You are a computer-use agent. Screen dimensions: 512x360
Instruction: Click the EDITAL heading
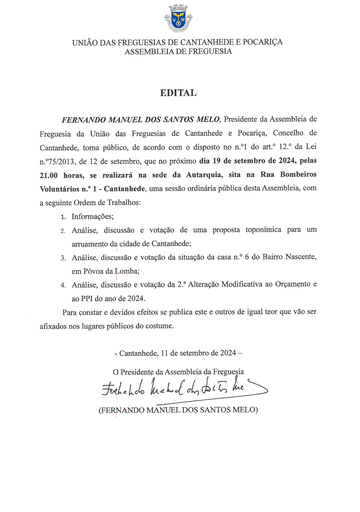178,93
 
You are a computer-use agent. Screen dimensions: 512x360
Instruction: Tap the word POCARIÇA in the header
263,42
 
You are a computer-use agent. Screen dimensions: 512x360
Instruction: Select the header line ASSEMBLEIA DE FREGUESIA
178,51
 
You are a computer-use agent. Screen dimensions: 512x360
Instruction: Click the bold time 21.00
49,175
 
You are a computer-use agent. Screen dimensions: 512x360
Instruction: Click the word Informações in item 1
93,216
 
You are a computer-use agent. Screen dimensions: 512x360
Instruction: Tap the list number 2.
63,231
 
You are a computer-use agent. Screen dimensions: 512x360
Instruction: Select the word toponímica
263,230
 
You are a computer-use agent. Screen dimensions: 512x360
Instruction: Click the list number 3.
63,258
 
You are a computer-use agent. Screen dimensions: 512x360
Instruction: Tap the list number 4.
63,285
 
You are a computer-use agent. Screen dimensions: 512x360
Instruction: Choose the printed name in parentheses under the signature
178,410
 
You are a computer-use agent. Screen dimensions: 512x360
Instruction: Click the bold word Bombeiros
298,174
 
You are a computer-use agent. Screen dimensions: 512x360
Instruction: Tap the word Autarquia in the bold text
204,175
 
